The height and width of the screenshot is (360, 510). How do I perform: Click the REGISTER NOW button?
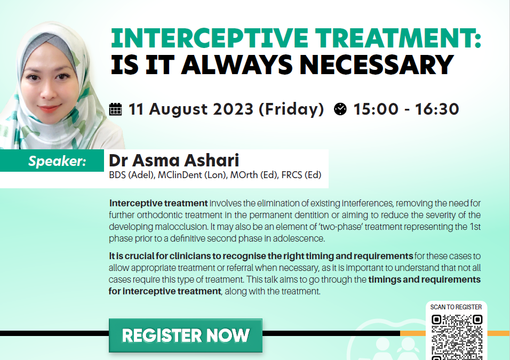(x=186, y=335)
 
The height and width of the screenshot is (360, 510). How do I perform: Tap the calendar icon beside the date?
(x=115, y=109)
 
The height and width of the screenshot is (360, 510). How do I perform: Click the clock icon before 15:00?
(x=340, y=109)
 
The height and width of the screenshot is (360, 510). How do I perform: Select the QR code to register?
(x=457, y=337)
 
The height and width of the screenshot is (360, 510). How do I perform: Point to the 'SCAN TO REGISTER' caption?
(x=456, y=307)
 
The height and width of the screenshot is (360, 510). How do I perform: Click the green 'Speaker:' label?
(x=57, y=161)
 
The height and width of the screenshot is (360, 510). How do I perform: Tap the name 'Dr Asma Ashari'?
(x=174, y=161)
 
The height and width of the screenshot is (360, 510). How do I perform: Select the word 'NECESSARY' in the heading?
(x=376, y=65)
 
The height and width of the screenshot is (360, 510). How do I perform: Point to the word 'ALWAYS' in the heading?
(x=237, y=65)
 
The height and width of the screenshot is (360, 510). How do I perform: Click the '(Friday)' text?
(x=291, y=109)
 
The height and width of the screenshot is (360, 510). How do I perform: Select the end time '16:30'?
(x=437, y=109)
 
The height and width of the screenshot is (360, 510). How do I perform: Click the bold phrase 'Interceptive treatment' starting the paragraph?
(x=158, y=203)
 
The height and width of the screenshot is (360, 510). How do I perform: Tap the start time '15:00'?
(x=376, y=109)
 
